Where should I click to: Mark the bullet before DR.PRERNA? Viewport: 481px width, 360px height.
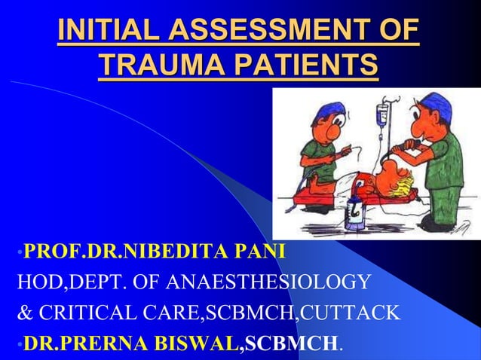pos(20,345)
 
